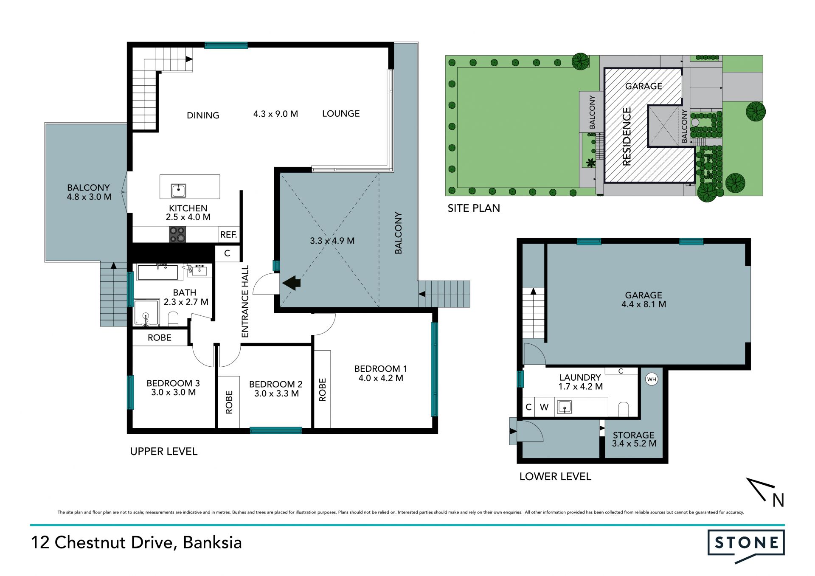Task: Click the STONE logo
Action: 746,545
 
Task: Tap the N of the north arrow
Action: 778,500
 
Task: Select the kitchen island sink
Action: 178,191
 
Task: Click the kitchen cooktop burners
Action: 177,234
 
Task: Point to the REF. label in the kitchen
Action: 228,235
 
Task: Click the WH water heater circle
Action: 652,379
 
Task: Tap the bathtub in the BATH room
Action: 157,272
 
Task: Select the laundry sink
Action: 564,407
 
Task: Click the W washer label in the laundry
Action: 544,407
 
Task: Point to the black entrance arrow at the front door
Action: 292,283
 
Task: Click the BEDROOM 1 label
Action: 381,368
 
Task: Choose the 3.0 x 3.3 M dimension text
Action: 276,393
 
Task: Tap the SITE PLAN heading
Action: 474,208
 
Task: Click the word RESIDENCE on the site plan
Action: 627,136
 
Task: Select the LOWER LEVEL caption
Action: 555,476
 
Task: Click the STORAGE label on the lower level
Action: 633,435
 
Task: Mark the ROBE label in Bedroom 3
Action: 160,337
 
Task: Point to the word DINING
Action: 203,115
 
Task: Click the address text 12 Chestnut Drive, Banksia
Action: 136,542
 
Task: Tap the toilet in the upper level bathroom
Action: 173,318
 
